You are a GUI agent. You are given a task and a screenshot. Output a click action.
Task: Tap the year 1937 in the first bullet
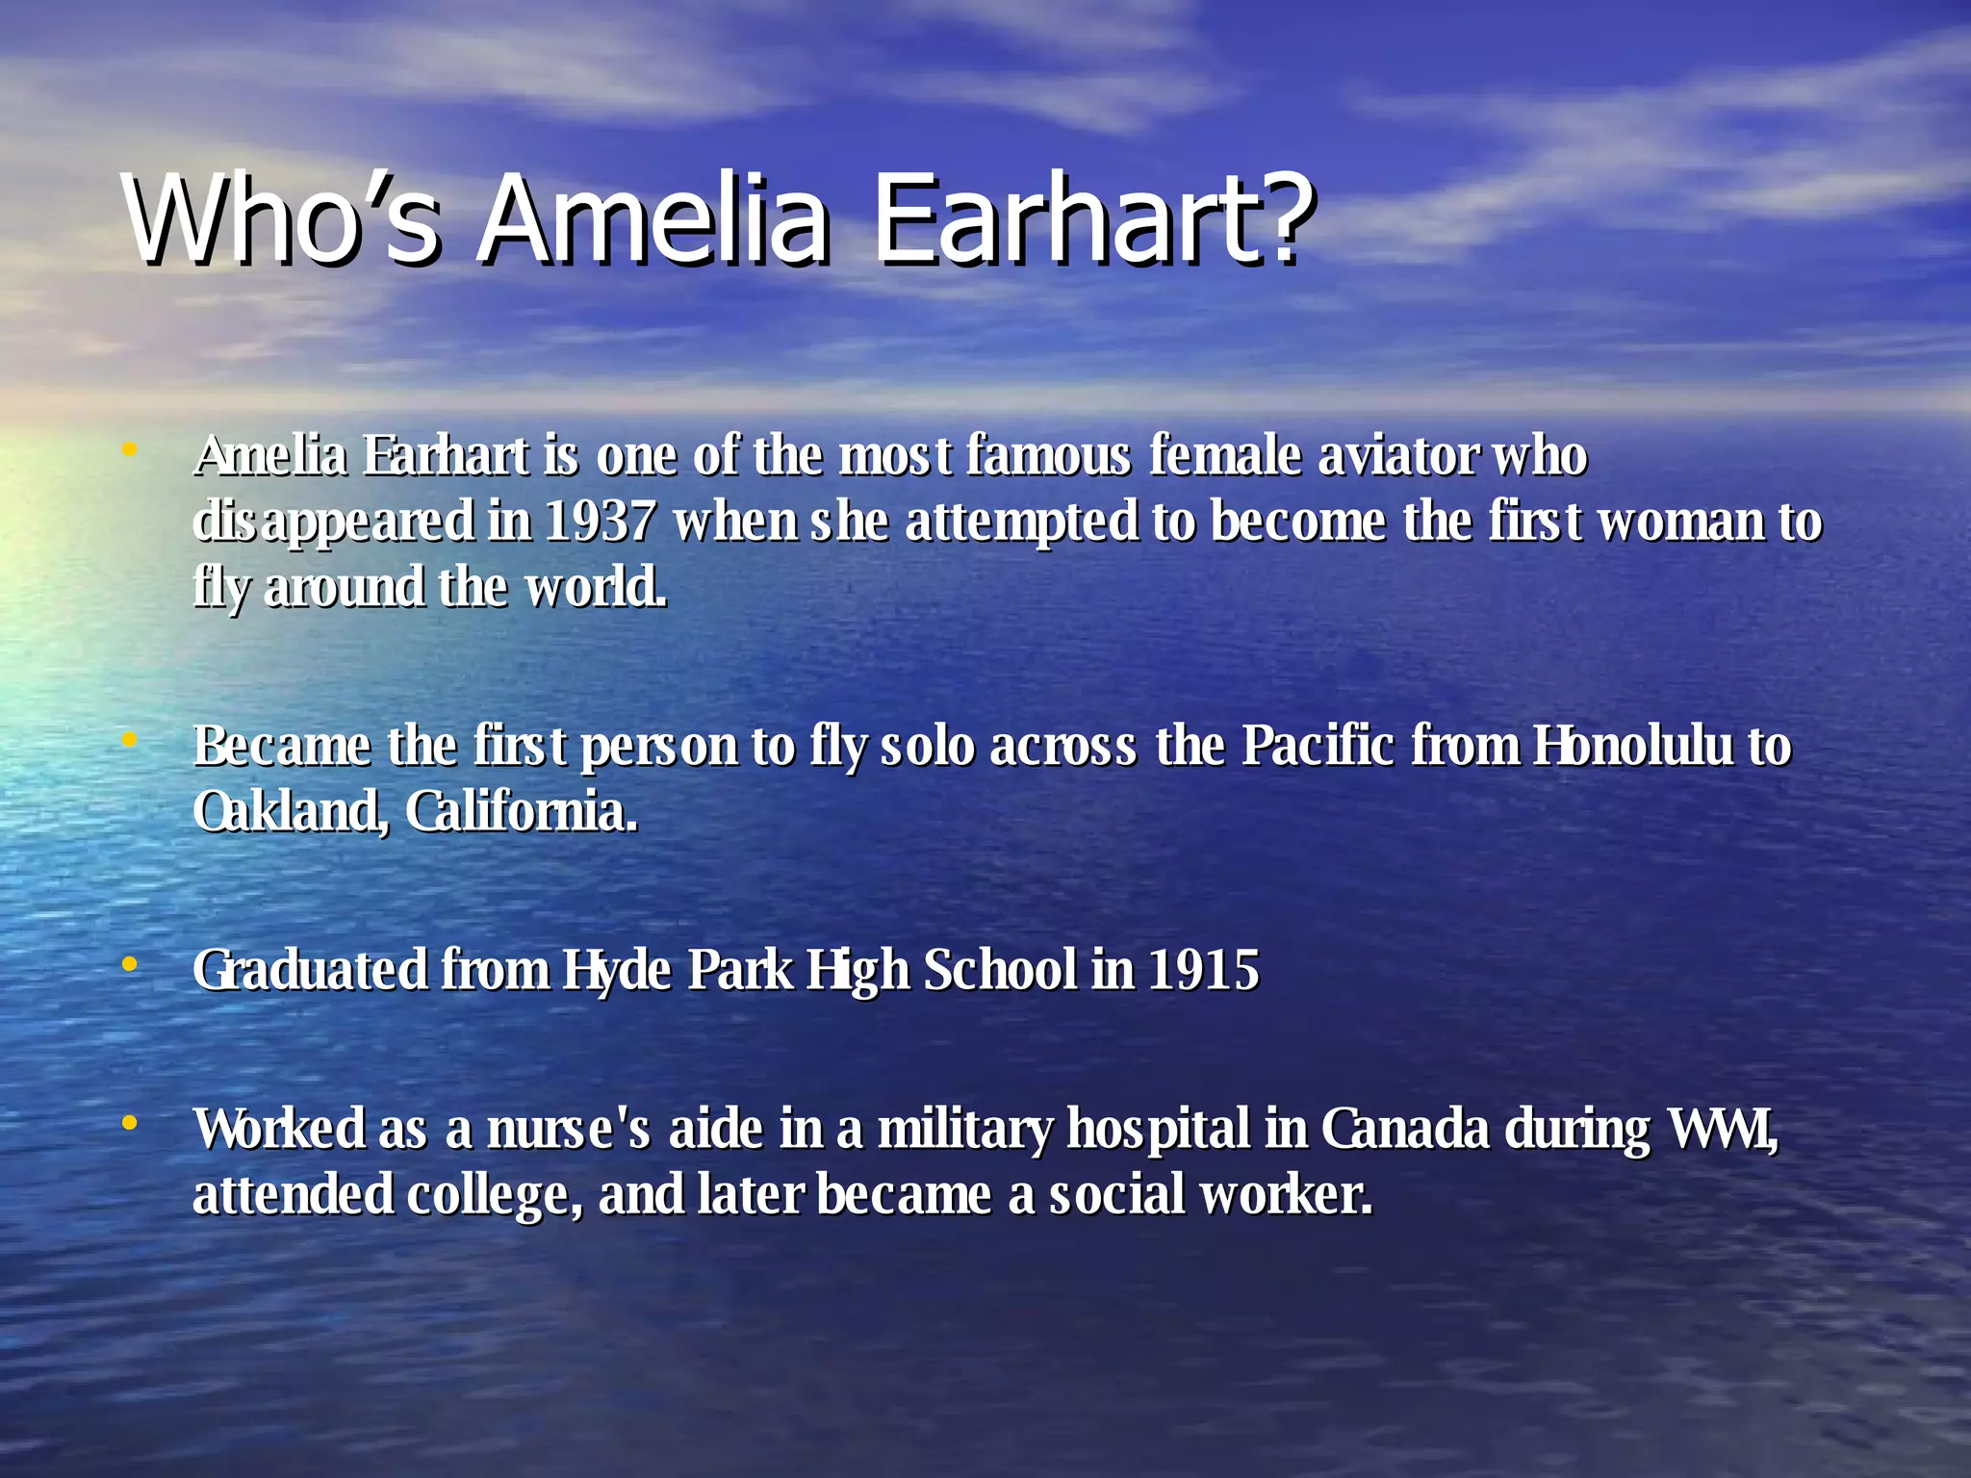click(x=599, y=522)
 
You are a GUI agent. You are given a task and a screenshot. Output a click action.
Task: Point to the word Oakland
click(x=289, y=811)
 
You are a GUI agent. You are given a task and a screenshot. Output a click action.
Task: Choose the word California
click(x=521, y=811)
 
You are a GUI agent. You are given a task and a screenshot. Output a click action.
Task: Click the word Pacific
click(x=1318, y=746)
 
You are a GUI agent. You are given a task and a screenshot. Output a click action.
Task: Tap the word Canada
click(x=1405, y=1129)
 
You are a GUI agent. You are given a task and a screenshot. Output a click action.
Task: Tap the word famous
click(x=1048, y=456)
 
